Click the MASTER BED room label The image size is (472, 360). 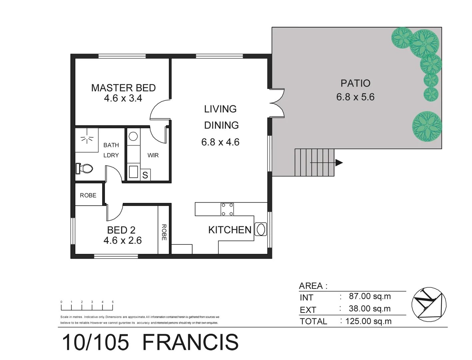(x=123, y=88)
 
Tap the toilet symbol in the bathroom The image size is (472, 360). (x=85, y=168)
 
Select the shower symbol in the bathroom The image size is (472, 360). (x=87, y=139)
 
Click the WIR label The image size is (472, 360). (x=153, y=155)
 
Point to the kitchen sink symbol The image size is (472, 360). (x=261, y=229)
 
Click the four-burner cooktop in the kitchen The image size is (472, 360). (x=227, y=209)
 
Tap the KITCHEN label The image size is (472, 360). (x=230, y=230)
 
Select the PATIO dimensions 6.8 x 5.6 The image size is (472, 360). (x=355, y=97)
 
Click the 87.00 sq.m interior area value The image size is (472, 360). (x=370, y=296)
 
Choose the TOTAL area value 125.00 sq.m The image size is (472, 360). (x=368, y=321)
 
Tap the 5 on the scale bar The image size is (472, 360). (x=113, y=302)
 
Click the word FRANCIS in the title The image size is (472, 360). (x=190, y=342)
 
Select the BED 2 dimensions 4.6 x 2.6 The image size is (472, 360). (x=123, y=240)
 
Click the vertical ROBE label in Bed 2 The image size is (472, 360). (x=164, y=232)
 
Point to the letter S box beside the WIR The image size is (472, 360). (x=145, y=175)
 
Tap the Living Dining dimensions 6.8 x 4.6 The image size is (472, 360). (x=220, y=142)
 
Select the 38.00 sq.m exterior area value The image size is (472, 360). (x=369, y=309)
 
